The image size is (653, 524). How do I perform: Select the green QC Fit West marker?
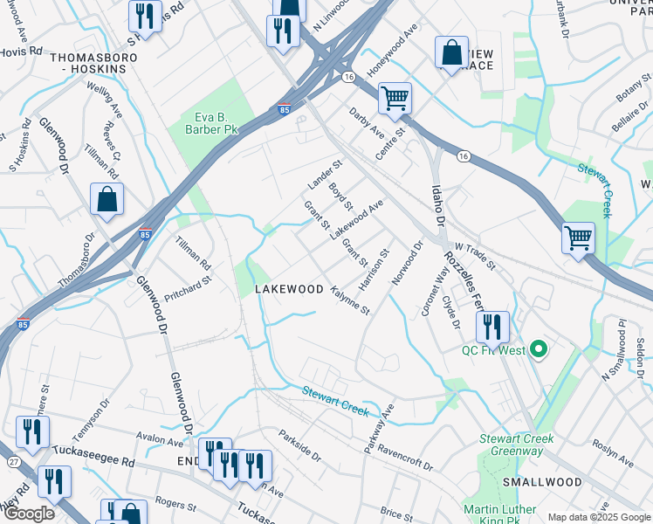point(539,351)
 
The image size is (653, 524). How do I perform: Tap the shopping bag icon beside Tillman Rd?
point(106,199)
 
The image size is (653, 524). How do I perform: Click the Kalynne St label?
point(351,299)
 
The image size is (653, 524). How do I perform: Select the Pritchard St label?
point(188,288)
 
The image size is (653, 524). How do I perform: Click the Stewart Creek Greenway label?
point(511,445)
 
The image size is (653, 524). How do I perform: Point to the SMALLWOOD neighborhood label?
point(542,482)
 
